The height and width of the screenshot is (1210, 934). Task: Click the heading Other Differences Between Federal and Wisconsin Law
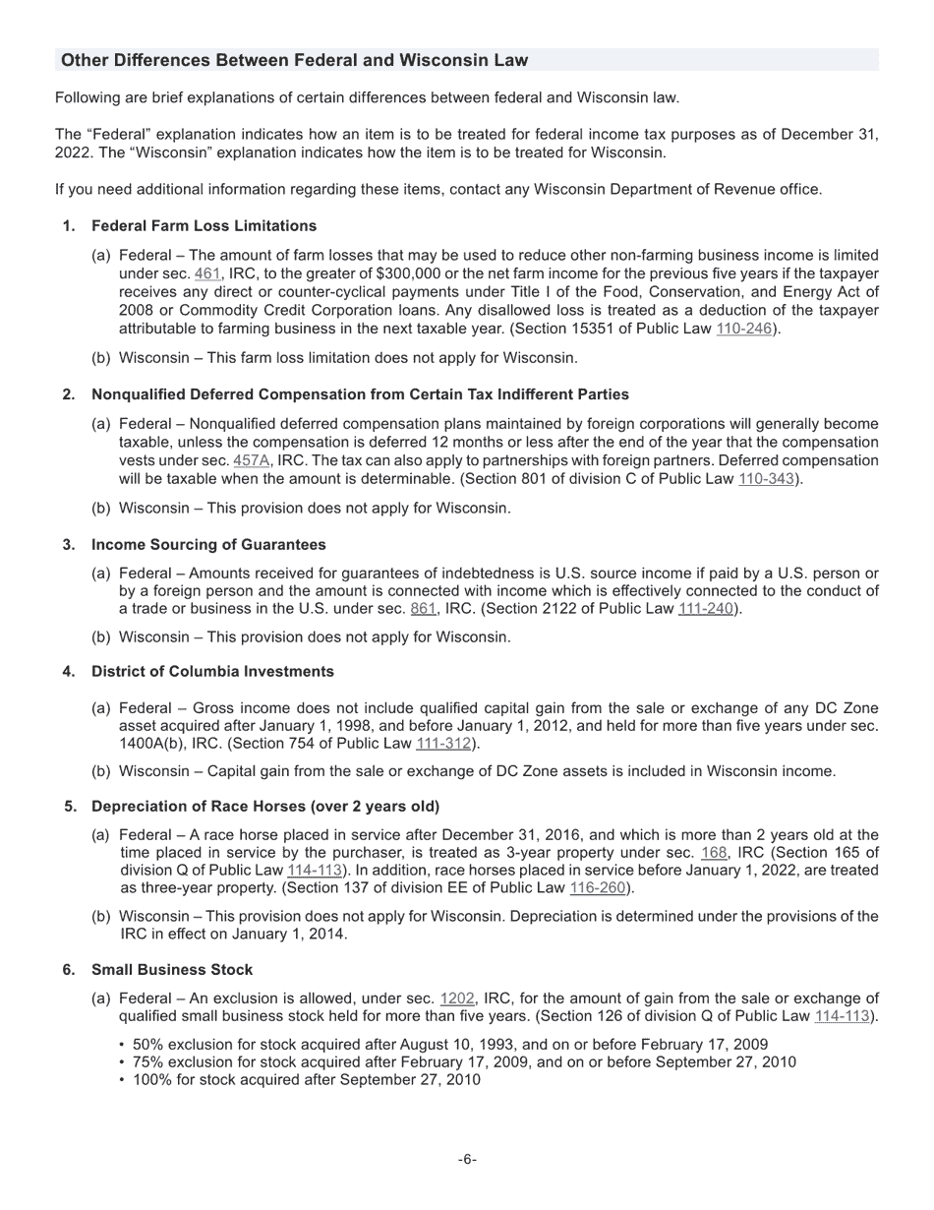[x=294, y=60]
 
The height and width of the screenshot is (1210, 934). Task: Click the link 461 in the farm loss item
[x=207, y=273]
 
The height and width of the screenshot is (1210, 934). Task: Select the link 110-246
[x=744, y=329]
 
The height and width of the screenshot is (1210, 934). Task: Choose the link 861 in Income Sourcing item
[x=423, y=609]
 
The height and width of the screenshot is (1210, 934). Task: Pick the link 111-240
[x=705, y=609]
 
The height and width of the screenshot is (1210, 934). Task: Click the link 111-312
[x=443, y=743]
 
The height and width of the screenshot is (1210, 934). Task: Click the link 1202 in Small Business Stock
[x=456, y=998]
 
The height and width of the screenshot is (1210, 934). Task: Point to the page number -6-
[x=467, y=1160]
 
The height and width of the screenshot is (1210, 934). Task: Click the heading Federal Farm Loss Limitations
[x=204, y=226]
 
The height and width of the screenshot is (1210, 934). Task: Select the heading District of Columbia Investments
[x=212, y=672]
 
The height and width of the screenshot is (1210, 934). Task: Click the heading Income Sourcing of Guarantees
[x=208, y=544]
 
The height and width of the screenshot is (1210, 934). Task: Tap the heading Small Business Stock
[x=172, y=970]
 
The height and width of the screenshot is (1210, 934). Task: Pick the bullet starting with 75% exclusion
[x=464, y=1061]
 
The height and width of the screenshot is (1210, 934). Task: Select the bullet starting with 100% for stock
[x=307, y=1079]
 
